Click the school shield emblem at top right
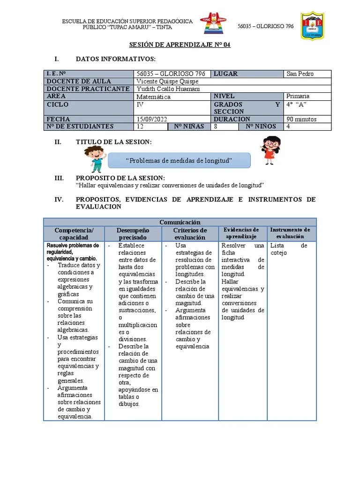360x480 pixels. point(312,26)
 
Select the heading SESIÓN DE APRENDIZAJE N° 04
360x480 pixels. point(180,45)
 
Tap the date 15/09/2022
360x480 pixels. point(153,119)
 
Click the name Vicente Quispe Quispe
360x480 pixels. point(167,81)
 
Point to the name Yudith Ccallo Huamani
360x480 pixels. point(168,89)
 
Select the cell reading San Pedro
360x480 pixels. point(300,74)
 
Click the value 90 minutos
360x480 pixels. point(301,119)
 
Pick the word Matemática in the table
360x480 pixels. point(154,97)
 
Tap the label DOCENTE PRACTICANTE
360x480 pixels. point(88,89)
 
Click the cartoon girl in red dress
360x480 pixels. point(270,150)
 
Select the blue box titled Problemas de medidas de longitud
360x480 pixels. point(179,161)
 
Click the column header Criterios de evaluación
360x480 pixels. point(190,234)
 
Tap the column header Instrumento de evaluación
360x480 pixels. point(290,233)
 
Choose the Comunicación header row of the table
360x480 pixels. point(180,222)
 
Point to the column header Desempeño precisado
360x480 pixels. point(133,234)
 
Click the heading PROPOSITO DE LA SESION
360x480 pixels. point(120,178)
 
